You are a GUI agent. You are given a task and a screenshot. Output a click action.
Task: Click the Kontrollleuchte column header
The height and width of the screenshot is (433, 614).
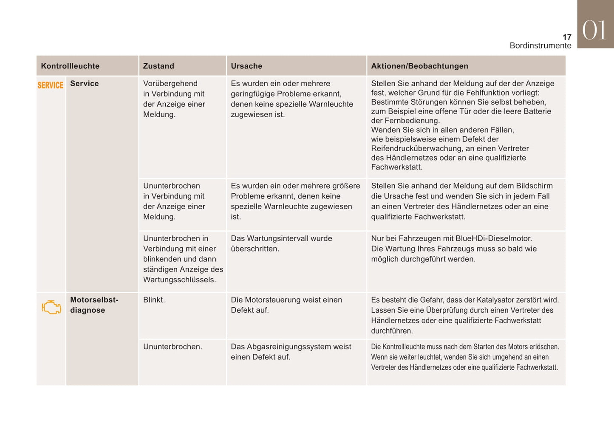coord(70,66)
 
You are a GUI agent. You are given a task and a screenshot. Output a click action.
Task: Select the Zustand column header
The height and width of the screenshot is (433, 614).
coord(158,66)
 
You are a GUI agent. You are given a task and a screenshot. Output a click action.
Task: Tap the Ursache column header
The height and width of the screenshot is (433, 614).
coord(246,66)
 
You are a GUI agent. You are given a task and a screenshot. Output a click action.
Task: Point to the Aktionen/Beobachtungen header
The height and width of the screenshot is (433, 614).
coord(419,66)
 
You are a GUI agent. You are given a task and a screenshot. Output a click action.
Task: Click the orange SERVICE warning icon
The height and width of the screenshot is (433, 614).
coord(51,85)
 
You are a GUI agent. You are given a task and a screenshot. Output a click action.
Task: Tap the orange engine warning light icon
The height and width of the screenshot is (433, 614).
coord(51,307)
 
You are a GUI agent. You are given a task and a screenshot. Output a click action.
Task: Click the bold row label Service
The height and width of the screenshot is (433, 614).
coord(85,84)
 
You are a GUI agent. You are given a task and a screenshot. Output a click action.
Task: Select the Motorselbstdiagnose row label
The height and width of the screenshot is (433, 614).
coord(94,305)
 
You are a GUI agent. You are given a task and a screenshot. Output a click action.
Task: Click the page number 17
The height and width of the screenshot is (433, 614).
coord(567,37)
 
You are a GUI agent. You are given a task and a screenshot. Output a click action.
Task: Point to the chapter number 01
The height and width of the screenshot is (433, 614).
coord(594,31)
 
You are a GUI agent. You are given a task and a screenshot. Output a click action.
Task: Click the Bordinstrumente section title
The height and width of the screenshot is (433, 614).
coord(540,45)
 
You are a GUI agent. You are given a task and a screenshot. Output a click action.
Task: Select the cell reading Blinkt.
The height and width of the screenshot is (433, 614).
coord(154,300)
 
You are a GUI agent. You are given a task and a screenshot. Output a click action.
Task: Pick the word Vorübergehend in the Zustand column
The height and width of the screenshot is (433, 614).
coord(170,84)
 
